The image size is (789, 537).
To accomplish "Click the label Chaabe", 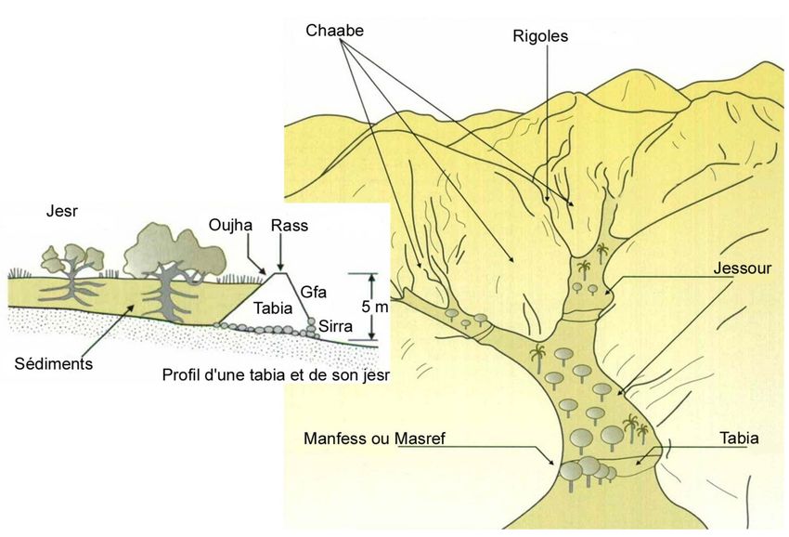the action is coord(334,31).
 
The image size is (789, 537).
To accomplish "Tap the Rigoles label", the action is coord(540,36).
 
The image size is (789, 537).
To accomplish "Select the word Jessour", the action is coord(743,268).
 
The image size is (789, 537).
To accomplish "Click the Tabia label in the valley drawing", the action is coord(739,438).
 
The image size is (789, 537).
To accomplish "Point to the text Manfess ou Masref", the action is coord(374,439).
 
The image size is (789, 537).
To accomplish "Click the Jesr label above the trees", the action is coord(62,211).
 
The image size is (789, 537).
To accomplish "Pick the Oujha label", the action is coord(230,225).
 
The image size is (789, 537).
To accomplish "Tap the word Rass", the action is coord(290,225).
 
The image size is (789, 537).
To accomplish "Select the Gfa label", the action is coord(313,292).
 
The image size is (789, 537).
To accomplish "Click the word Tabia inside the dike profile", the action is coord(273,308).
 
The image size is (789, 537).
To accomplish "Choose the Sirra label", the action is coord(336,326).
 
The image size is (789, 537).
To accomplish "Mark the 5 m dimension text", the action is coord(374,306).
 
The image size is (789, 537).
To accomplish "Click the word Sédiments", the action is coord(54,363).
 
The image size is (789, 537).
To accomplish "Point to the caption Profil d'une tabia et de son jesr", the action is coord(276,375).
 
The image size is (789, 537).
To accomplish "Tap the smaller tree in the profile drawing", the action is coord(73,275).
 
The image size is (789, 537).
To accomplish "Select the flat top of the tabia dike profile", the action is coord(278,273).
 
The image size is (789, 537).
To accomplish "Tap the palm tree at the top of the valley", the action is coord(601,253).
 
